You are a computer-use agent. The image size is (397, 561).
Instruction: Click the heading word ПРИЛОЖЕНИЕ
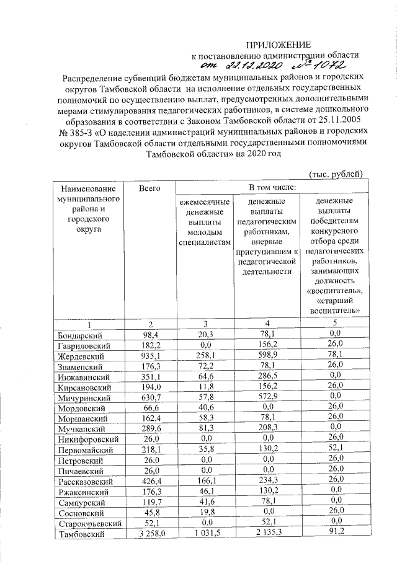[278, 45]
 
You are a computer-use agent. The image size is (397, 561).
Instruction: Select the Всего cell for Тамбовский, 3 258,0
[149, 534]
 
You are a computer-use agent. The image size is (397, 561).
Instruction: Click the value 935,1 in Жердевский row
[149, 356]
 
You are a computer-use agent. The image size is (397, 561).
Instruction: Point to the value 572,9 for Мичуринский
[267, 397]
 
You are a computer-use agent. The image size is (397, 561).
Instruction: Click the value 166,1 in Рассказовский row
[204, 481]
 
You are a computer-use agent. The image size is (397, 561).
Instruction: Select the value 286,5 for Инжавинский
[267, 376]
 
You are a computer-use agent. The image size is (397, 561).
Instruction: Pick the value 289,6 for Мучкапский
[149, 428]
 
